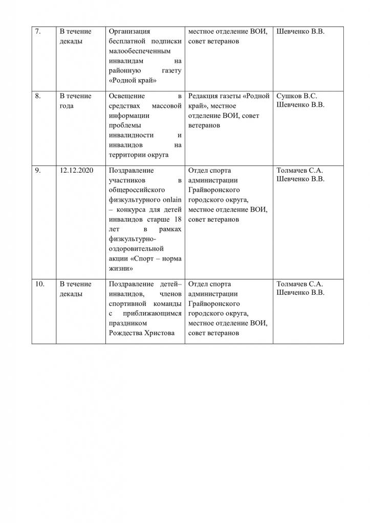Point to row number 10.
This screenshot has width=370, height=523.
[39, 284]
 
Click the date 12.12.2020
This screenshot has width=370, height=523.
[76, 171]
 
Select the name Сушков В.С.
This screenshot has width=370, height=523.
[296, 97]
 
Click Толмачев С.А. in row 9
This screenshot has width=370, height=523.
[300, 171]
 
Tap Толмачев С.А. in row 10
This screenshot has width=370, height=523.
[300, 284]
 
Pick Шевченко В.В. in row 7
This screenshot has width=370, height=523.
[300, 32]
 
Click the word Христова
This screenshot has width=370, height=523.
[163, 333]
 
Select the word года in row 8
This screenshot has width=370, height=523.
[67, 106]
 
